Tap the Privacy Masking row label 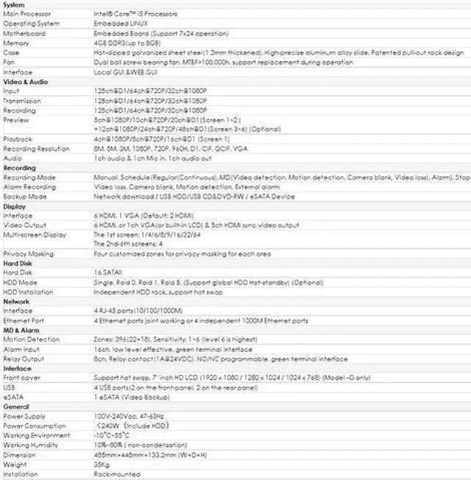(x=28, y=254)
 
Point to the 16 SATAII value (x=109, y=273)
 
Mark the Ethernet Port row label (x=25, y=321)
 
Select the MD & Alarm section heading (x=20, y=331)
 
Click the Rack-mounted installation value (x=114, y=474)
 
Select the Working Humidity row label (x=31, y=445)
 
